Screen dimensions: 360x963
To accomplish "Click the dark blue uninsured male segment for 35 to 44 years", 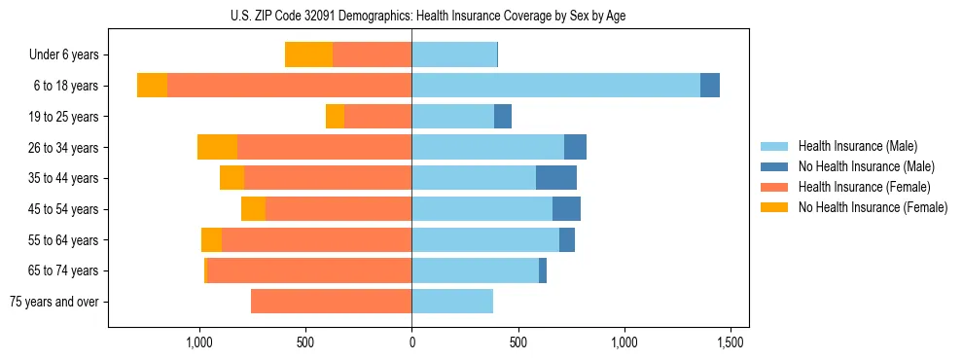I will [x=555, y=178].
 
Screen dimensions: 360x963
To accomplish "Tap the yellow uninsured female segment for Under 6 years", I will [x=308, y=55].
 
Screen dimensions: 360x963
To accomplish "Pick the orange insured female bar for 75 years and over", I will [x=331, y=302].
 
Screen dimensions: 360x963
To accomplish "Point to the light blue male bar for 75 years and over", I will [x=452, y=302].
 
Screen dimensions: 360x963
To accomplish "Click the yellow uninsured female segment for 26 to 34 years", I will [x=217, y=147].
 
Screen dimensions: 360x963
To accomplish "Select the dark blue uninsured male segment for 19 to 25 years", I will [x=503, y=117].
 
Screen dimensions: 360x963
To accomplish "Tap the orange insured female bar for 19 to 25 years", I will [x=377, y=117].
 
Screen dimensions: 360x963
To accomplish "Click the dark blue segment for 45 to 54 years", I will [x=566, y=209].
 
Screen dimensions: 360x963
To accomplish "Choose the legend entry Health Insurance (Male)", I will [x=857, y=146].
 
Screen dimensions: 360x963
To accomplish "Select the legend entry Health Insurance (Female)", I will [x=864, y=187].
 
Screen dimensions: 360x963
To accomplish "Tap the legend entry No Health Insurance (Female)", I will [x=873, y=207].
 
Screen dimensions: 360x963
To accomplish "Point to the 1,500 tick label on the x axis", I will [x=731, y=342].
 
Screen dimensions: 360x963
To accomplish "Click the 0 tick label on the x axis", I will [x=411, y=342].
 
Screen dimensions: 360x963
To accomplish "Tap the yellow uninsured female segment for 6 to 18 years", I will [x=152, y=86].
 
